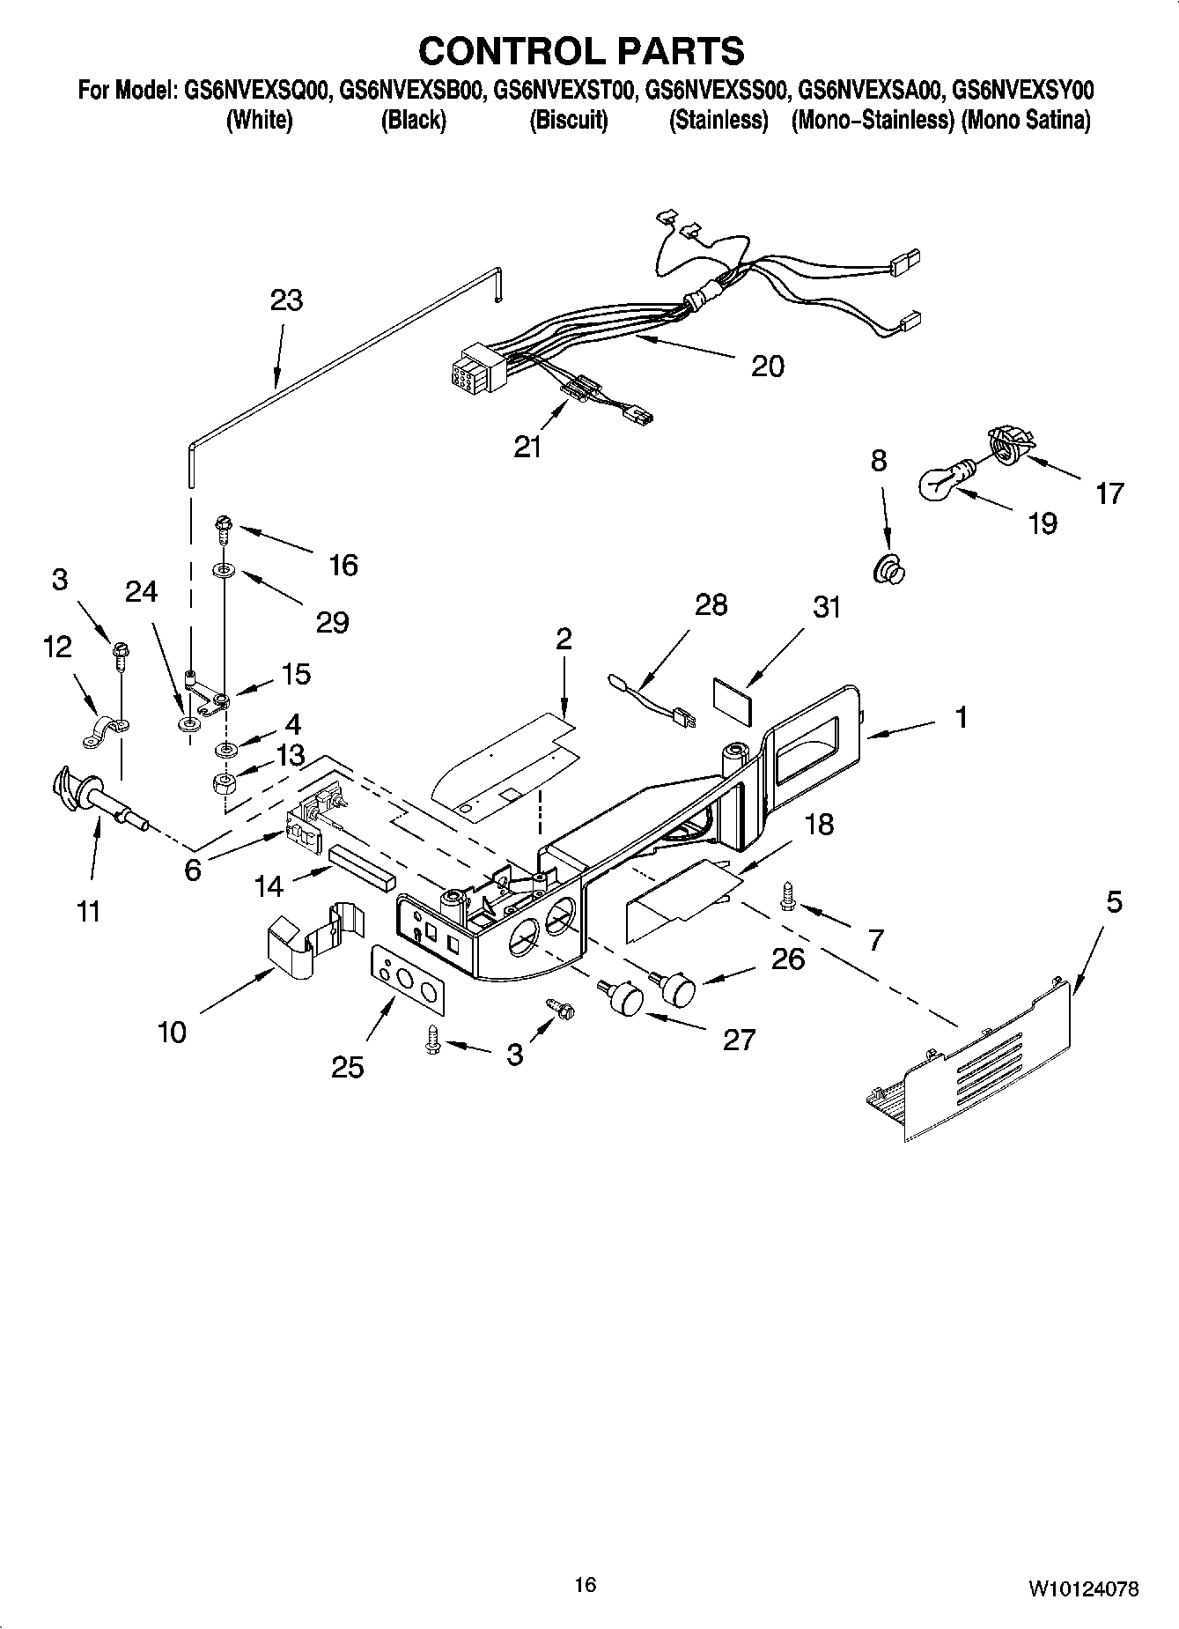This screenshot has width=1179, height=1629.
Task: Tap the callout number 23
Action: (x=286, y=300)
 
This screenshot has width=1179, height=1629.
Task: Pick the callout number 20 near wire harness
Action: (x=767, y=366)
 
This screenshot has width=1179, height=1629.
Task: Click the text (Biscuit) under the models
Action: (x=568, y=120)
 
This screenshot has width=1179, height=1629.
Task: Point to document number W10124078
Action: (x=1081, y=1589)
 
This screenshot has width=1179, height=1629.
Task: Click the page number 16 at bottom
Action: (x=585, y=1585)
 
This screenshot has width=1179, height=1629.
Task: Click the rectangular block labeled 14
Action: (x=362, y=865)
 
